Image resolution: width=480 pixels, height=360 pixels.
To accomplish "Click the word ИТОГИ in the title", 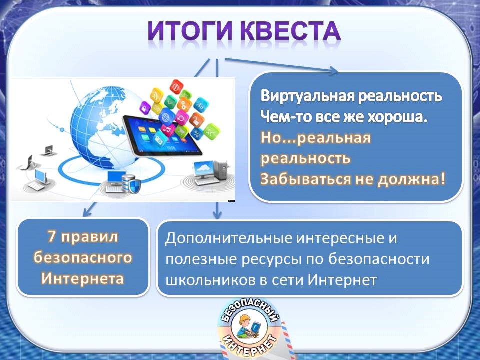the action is pos(190,31).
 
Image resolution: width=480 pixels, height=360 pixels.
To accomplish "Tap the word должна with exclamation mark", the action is pos(411,179).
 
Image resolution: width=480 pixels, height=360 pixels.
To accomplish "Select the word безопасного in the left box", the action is pos(83,258).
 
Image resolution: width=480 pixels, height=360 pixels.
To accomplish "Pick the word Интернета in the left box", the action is pos(83,279).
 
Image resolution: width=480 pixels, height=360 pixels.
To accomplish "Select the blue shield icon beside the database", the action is pos(135,186).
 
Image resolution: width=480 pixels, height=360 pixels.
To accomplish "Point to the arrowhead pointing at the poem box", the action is pos(333,71).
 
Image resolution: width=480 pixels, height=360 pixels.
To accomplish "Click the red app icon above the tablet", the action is pos(176,87).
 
